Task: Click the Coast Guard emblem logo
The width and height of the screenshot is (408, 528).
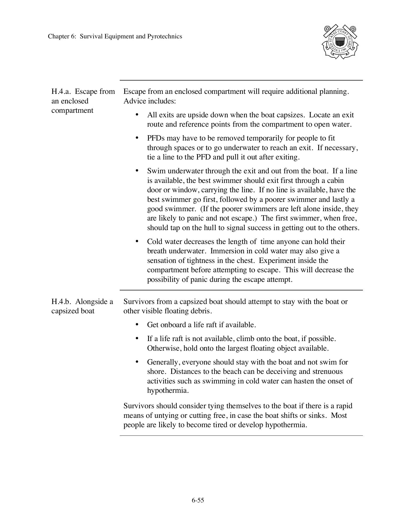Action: point(340,42)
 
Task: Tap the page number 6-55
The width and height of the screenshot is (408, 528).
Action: point(198,500)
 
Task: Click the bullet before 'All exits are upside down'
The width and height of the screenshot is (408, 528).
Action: point(137,115)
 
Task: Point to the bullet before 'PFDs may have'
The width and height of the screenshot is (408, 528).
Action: point(137,138)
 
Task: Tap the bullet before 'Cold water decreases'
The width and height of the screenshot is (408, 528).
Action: point(137,241)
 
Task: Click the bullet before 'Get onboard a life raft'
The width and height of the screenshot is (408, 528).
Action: point(137,325)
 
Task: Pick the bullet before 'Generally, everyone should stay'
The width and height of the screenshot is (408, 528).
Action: point(137,362)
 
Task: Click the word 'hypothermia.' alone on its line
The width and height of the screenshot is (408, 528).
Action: point(168,391)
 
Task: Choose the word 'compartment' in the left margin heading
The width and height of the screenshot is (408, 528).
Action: point(72,111)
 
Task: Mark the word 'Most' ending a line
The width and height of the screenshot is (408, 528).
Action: point(339,415)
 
